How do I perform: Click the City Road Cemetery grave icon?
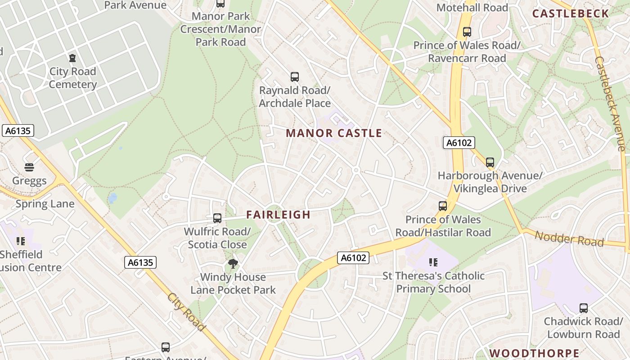tap(72, 58)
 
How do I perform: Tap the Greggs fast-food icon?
tap(29, 168)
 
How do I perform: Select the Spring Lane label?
tap(45, 204)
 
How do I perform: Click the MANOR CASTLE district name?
tap(334, 133)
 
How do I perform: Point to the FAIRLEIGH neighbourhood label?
tap(279, 215)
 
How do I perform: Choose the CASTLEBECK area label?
tap(571, 13)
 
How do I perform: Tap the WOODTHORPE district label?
tap(534, 353)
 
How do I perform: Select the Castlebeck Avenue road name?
tap(610, 103)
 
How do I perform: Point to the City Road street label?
tap(186, 312)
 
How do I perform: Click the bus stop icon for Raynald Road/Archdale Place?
tap(295, 77)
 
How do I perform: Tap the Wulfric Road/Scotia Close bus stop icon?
tap(217, 218)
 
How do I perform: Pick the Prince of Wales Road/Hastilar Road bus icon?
tap(443, 206)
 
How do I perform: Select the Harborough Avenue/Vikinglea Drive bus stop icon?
tap(490, 162)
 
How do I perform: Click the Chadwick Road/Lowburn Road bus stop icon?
tap(583, 308)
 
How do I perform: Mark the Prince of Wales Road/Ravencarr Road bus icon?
tap(467, 32)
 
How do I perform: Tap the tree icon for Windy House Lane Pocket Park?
tap(233, 264)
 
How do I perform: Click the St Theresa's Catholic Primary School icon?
tap(433, 262)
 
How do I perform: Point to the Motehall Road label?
tap(472, 8)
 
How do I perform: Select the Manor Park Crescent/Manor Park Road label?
tap(220, 29)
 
